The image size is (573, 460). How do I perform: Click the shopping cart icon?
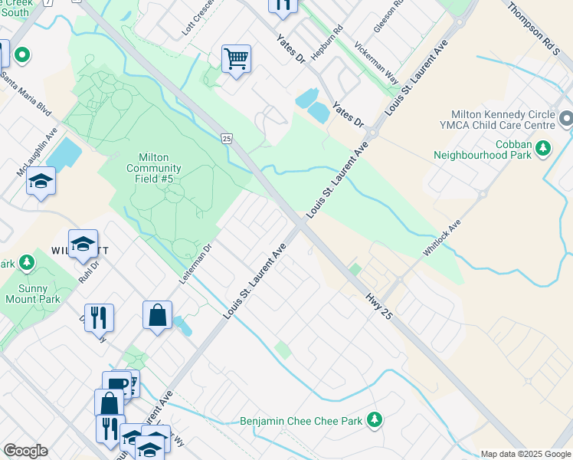[236, 58]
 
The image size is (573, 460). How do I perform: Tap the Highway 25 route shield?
[226, 138]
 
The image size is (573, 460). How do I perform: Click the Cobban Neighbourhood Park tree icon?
[543, 146]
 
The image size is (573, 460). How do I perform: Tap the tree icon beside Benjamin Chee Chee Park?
[374, 419]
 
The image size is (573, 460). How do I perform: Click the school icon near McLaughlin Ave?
[41, 181]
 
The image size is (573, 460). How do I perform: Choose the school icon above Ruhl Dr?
[83, 244]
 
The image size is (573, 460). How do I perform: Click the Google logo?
[25, 451]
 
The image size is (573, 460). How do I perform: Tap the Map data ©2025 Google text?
[524, 454]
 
